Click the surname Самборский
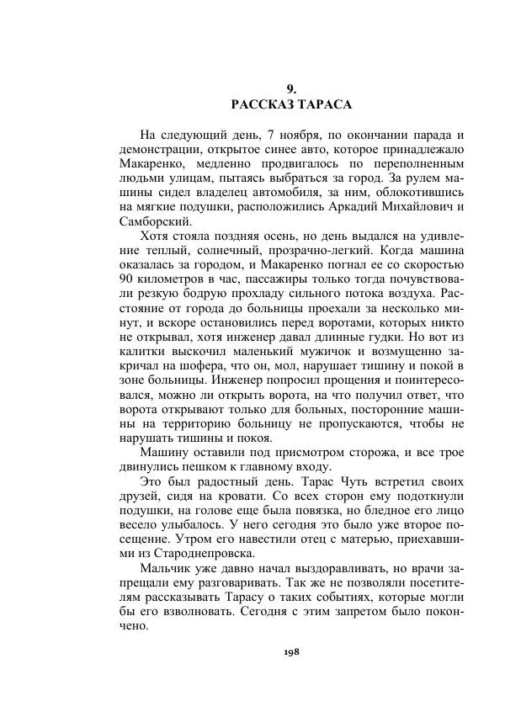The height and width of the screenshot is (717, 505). click(x=154, y=221)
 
